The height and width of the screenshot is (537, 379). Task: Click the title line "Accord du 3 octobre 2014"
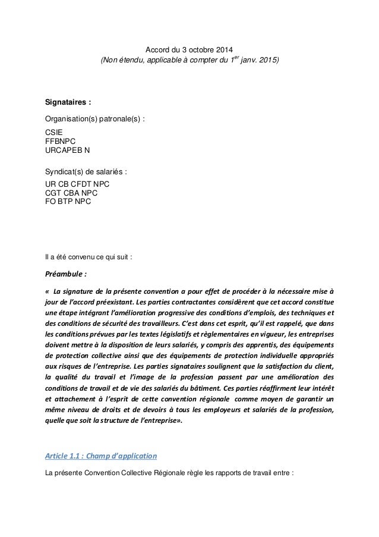coord(189,49)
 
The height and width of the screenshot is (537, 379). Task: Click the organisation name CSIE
coord(55,134)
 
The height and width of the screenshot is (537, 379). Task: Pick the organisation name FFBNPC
coord(61,142)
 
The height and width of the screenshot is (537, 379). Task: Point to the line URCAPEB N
coord(68,151)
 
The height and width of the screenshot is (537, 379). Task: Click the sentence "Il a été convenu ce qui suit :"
coord(89,257)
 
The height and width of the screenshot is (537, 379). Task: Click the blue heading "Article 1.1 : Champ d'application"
coord(101,457)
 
